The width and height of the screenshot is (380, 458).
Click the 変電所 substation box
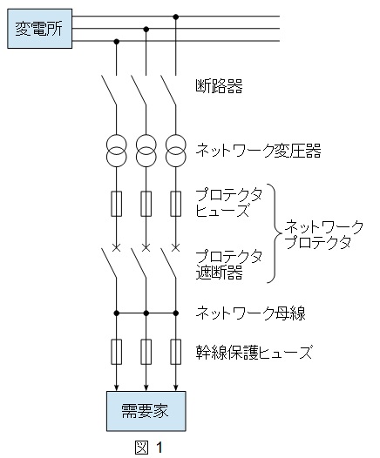40,29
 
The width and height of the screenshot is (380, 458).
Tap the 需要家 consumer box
146,411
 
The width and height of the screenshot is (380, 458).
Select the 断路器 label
219,86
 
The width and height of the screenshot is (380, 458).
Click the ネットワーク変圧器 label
258,151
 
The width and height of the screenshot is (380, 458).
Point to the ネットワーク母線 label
250,313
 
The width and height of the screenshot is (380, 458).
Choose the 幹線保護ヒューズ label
254,352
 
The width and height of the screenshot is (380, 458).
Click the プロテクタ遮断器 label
229,265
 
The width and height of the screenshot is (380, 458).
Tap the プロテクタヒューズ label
229,202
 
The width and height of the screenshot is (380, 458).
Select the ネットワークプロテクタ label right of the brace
324,234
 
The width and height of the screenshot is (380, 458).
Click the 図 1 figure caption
149,448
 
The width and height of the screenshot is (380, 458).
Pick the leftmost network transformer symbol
116,151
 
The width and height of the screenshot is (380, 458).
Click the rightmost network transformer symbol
176,151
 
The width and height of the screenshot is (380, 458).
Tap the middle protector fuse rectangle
146,204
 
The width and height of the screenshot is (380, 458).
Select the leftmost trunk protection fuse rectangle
116,352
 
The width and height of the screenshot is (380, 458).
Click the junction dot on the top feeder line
176,17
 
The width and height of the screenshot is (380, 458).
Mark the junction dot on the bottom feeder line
116,42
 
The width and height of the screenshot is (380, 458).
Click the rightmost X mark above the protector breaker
175,248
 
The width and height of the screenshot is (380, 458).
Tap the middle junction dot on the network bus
146,313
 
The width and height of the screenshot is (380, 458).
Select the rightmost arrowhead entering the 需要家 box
176,387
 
